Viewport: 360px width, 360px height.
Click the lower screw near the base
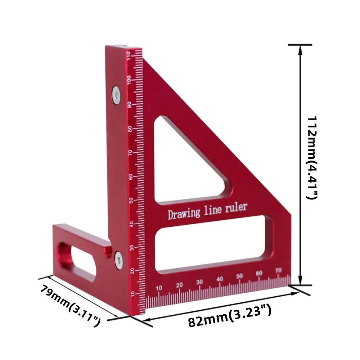[x=118, y=260]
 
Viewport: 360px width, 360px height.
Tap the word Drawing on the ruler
[x=184, y=213]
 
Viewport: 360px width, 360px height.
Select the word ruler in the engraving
[x=236, y=207]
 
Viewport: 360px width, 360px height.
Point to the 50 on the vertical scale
[x=131, y=200]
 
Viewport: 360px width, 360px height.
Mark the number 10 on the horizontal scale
[x=159, y=288]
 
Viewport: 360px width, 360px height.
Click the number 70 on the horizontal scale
[x=278, y=269]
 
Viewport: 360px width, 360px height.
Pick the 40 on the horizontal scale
[x=220, y=279]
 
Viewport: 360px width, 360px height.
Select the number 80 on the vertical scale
[x=130, y=129]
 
